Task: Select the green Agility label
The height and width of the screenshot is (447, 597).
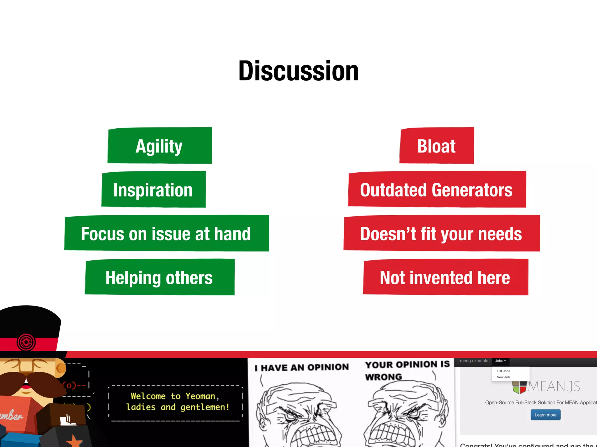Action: [159, 146]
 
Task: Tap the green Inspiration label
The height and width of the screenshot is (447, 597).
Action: [153, 190]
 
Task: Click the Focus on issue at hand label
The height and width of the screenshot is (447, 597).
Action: [166, 233]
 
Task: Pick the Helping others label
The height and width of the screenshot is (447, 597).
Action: [159, 277]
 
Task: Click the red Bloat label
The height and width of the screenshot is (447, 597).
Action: [436, 146]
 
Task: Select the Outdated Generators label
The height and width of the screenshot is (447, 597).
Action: [436, 190]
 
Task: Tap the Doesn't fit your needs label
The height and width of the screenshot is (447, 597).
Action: [441, 233]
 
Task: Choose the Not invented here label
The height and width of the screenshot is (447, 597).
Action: [445, 277]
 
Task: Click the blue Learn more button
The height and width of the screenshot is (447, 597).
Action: [545, 415]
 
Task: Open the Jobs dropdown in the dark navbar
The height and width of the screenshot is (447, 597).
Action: [501, 361]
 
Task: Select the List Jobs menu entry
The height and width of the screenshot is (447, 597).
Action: [503, 371]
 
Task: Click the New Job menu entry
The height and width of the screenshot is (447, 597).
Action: [503, 377]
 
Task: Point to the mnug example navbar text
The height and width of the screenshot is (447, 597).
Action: [474, 361]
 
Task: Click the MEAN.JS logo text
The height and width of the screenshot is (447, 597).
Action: [554, 386]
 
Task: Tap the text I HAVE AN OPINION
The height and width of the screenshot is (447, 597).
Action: [302, 368]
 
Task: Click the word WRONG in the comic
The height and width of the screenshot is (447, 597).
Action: [384, 377]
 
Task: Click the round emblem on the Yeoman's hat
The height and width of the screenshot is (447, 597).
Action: [26, 342]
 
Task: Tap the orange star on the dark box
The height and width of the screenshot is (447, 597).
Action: [74, 441]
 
